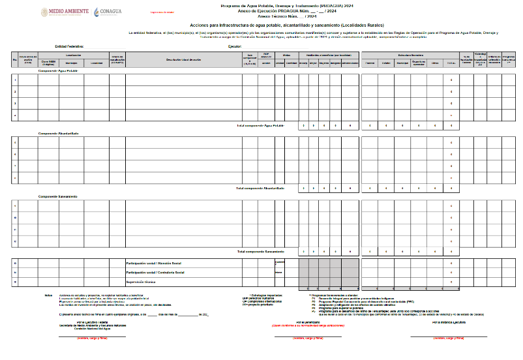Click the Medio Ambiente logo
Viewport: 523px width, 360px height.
pyautogui.click(x=66, y=12)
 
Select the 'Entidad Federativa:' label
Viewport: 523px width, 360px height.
pyautogui.click(x=69, y=47)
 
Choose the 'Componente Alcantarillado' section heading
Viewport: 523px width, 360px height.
pyautogui.click(x=59, y=133)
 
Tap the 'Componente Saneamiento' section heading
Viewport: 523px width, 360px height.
pyautogui.click(x=58, y=196)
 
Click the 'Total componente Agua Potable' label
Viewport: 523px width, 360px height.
pyautogui.click(x=260, y=125)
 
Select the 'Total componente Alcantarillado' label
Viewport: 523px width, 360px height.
pyautogui.click(x=260, y=188)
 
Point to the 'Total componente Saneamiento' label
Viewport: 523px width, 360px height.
pyautogui.click(x=260, y=251)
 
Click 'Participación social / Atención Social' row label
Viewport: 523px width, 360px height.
pyautogui.click(x=153, y=263)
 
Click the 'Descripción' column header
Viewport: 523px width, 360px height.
pyautogui.click(x=184, y=59)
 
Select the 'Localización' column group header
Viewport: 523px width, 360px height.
pyautogui.click(x=73, y=55)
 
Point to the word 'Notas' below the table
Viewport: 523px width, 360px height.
pyautogui.click(x=48, y=294)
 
